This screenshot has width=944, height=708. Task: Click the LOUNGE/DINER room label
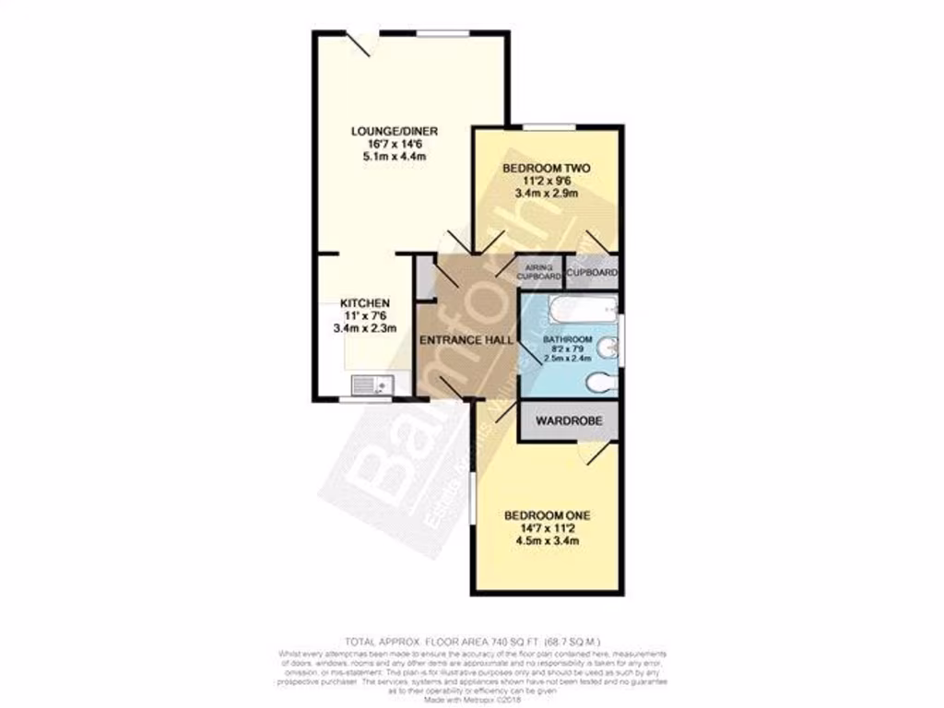(394, 131)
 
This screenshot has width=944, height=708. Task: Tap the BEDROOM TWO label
(546, 169)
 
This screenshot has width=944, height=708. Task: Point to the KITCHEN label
(366, 303)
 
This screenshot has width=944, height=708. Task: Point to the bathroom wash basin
(607, 348)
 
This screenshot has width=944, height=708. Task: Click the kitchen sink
(372, 384)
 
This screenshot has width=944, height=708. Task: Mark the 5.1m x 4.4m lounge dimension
(394, 157)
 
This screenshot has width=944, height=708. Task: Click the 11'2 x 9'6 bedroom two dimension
(546, 182)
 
